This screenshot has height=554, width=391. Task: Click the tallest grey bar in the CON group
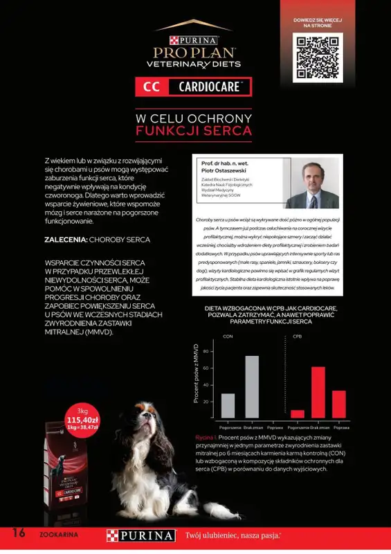[x=252, y=386]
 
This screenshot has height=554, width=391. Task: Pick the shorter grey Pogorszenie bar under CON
[x=228, y=405]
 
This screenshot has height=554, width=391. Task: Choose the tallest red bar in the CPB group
[x=318, y=392]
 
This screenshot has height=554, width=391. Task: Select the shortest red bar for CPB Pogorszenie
[x=297, y=413]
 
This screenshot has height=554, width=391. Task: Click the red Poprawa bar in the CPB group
[x=339, y=404]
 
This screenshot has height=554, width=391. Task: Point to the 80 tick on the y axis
[x=206, y=351]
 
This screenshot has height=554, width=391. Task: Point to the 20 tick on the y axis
[x=206, y=401]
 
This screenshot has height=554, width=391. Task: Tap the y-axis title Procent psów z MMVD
[x=196, y=374]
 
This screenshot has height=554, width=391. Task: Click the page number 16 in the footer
[x=19, y=533]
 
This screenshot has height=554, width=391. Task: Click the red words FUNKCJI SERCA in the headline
[x=194, y=130]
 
